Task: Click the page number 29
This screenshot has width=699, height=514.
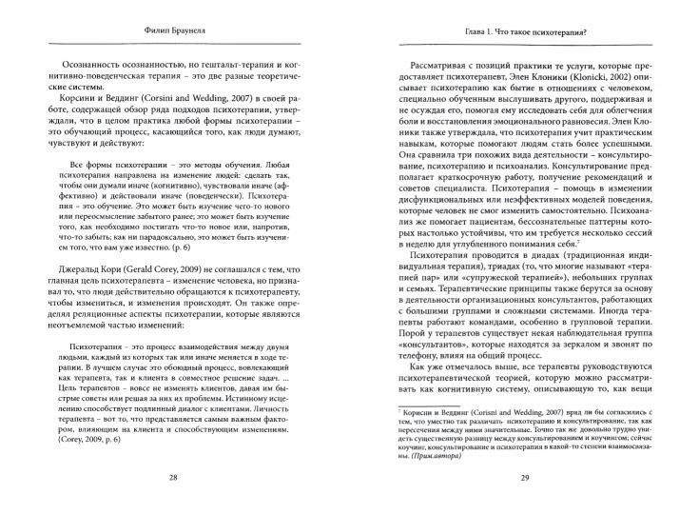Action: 529,478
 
